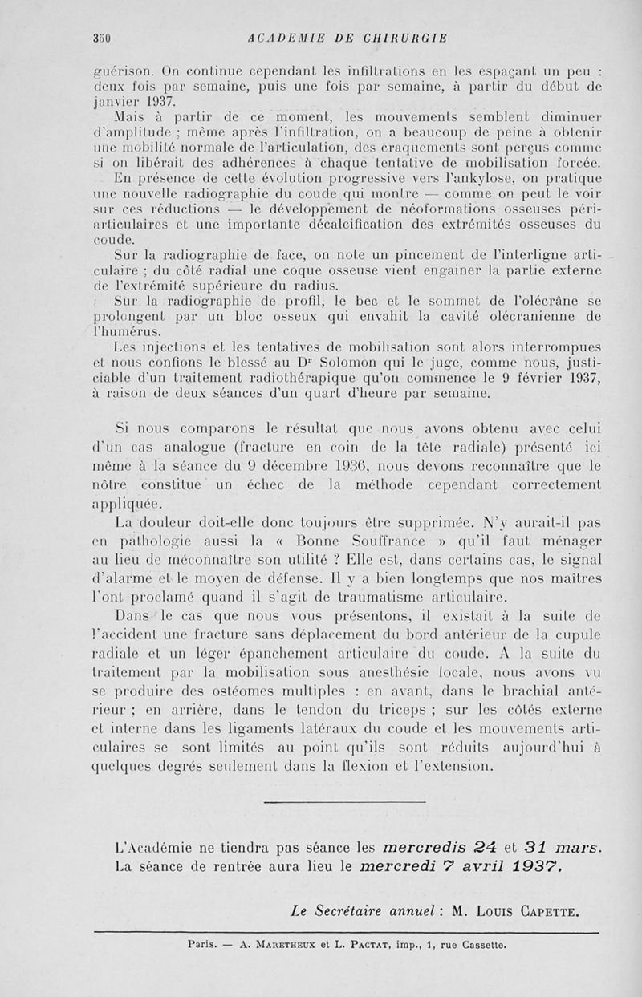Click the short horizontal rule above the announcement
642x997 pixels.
coord(344,801)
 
